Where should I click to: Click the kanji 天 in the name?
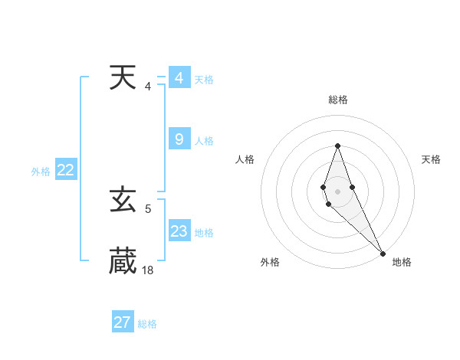[x=123, y=78]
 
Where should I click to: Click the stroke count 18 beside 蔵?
[x=148, y=270]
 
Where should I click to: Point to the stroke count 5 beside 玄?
[x=148, y=208]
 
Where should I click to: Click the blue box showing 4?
[x=179, y=78]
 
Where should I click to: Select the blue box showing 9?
[x=179, y=139]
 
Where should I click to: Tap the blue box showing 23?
[x=179, y=231]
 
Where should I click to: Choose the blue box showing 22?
[x=65, y=171]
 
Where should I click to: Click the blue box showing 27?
[x=123, y=322]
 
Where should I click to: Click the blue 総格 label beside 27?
[x=147, y=324]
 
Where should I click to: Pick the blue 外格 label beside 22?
[x=41, y=172]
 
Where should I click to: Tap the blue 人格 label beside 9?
[x=204, y=141]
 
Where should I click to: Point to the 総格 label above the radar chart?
[x=338, y=100]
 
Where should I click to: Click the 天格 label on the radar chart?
[x=431, y=159]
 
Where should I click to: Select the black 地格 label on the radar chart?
[x=402, y=262]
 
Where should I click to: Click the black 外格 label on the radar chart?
[x=270, y=262]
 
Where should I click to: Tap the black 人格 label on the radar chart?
[x=245, y=159]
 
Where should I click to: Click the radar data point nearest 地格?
[x=382, y=252]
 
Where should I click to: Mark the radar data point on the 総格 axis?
[x=337, y=146]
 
